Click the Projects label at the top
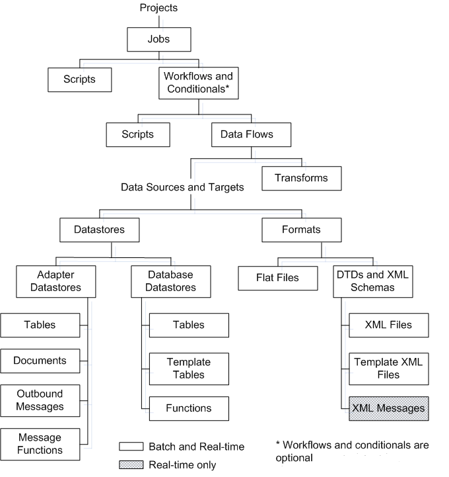click(159, 8)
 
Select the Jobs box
click(159, 39)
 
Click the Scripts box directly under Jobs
click(80, 79)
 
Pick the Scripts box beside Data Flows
click(138, 134)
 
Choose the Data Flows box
click(242, 134)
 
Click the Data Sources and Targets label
click(182, 187)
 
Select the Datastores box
click(100, 230)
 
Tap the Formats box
click(300, 230)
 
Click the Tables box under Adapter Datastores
click(40, 325)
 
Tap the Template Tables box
click(189, 369)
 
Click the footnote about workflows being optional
click(351, 451)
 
